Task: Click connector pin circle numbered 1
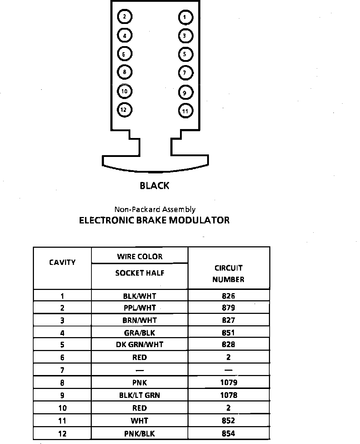(x=185, y=17)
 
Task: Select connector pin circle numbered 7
(x=185, y=73)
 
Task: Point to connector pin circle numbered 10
(x=125, y=91)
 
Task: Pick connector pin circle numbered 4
(x=125, y=36)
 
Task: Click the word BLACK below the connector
(x=155, y=186)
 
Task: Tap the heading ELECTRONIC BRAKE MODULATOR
(x=154, y=220)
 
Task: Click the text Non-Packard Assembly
(x=155, y=209)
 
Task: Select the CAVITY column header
(x=62, y=262)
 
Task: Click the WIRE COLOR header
(x=140, y=256)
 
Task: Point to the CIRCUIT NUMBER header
(x=228, y=273)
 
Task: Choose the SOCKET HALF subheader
(x=140, y=273)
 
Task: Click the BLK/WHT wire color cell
(x=140, y=296)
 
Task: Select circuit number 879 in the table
(x=228, y=308)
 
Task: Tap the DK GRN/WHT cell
(x=140, y=345)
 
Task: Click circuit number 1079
(x=229, y=383)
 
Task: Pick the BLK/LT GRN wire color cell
(x=140, y=395)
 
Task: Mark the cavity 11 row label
(x=62, y=421)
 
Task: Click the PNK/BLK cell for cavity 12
(x=140, y=434)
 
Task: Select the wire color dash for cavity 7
(x=140, y=370)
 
